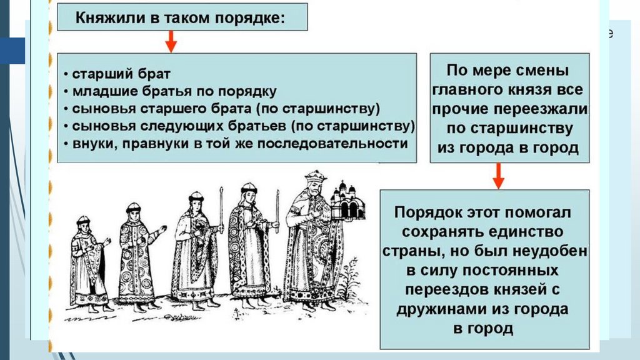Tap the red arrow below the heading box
click(170, 42)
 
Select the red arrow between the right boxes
click(497, 176)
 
